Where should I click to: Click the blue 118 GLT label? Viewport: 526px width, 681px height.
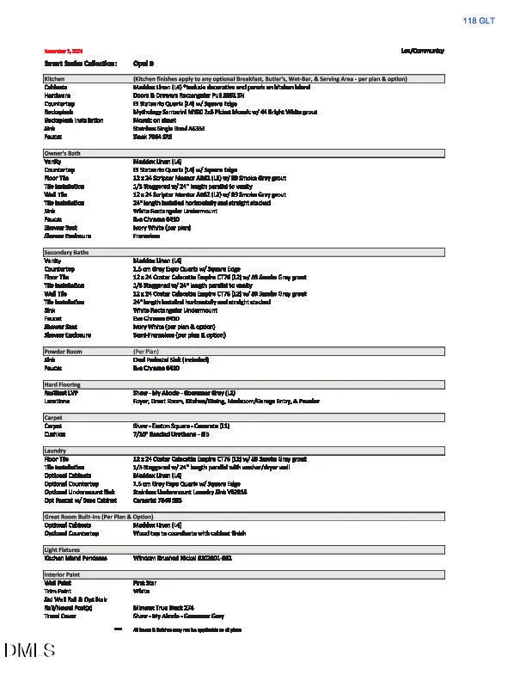pos(480,20)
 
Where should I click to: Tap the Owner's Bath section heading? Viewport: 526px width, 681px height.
pos(63,153)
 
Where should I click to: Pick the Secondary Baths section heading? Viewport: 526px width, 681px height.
pos(66,252)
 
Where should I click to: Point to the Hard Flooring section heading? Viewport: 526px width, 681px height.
pos(63,384)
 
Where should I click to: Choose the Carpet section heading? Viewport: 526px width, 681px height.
pos(53,418)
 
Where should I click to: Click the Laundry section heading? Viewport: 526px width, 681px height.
pos(55,451)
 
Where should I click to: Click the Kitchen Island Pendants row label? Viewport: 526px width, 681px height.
pos(76,558)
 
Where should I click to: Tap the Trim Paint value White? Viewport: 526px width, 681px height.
pos(141,591)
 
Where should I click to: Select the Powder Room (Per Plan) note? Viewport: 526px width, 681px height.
pos(144,352)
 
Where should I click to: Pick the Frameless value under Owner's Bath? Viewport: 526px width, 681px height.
pos(146,235)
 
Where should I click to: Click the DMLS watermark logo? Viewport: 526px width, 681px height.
pos(29,651)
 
